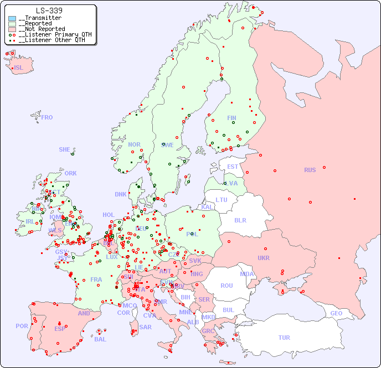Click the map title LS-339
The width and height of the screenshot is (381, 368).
49,11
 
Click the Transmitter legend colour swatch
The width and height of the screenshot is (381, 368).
12,18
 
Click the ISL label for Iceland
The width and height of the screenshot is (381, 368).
19,68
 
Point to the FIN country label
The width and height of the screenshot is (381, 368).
231,118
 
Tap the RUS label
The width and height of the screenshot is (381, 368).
310,170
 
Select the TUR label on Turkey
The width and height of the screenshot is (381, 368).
284,338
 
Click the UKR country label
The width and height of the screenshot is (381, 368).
264,258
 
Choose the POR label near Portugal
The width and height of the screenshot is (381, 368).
22,326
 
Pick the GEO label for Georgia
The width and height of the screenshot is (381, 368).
336,313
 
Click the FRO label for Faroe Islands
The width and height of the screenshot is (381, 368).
47,117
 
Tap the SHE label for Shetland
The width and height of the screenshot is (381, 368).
65,149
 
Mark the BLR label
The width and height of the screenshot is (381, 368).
240,220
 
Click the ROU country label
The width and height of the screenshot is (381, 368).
226,286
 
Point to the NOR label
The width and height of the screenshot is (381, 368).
134,144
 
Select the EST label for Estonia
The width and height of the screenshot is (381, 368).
233,167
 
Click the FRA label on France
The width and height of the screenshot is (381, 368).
96,279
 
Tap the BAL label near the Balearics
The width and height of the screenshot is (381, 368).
100,339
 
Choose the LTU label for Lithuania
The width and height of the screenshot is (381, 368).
222,200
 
